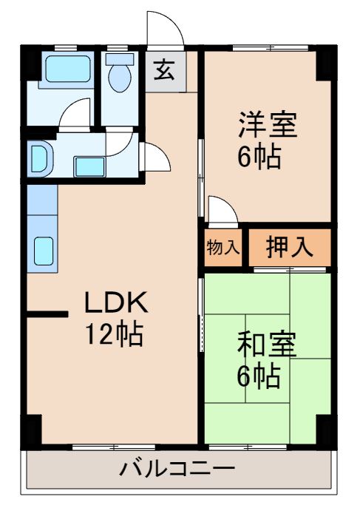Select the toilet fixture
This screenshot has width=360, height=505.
pos(118,73)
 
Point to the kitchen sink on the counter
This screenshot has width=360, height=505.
pos(42,251)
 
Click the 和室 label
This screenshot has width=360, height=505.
pos(266,344)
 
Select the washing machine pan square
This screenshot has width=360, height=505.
pos(89,165)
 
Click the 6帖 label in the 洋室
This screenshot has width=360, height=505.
pos(259,157)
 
